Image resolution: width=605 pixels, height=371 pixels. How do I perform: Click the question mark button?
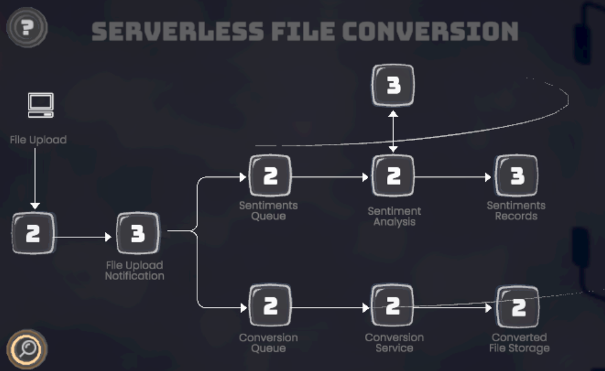(26, 27)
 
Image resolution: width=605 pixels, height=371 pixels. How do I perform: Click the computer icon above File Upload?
(41, 106)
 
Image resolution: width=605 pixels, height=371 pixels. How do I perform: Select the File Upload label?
(38, 140)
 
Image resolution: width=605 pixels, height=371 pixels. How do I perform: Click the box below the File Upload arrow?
(34, 234)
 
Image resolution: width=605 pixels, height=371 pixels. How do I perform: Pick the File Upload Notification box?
(137, 234)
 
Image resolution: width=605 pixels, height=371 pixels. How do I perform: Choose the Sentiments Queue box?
(270, 176)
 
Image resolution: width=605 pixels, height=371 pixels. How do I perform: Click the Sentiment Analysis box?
(394, 176)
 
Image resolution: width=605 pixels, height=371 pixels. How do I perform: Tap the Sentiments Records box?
(516, 176)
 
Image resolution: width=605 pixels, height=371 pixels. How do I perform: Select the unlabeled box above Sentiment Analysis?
(394, 85)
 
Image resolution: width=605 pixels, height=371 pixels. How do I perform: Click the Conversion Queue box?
(270, 306)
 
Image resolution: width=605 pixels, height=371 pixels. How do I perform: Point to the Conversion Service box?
(393, 306)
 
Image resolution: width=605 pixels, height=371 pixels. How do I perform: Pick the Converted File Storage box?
(518, 307)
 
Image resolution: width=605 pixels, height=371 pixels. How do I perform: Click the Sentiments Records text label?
(516, 211)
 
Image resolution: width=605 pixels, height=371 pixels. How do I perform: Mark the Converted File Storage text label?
(519, 342)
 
